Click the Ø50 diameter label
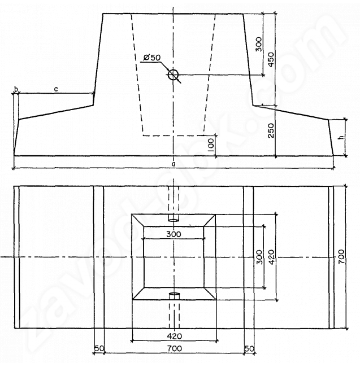click(152, 57)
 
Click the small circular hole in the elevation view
click(174, 75)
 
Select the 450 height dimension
click(271, 59)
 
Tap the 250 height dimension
click(271, 130)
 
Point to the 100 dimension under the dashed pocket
click(211, 145)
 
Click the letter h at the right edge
click(342, 137)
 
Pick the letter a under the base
click(174, 164)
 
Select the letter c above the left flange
click(56, 89)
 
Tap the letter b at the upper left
click(16, 89)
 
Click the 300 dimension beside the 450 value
click(259, 44)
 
